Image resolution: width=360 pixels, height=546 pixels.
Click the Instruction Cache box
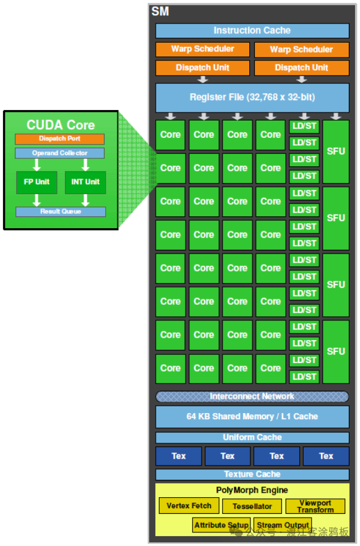point(252,30)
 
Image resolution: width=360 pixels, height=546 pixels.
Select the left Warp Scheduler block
point(202,49)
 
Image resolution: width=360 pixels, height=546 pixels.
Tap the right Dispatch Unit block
point(301,67)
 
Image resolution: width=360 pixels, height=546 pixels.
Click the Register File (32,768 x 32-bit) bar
point(252,98)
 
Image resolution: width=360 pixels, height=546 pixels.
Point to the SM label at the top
point(160,11)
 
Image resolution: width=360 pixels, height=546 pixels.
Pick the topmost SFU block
point(336,151)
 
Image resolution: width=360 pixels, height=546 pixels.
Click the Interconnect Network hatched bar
point(252,396)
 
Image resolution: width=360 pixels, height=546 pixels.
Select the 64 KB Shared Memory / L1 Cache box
point(252,417)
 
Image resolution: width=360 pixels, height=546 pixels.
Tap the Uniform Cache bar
point(252,438)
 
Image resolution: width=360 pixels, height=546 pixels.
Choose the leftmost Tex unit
point(178,456)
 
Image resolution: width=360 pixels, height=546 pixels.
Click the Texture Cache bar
point(252,474)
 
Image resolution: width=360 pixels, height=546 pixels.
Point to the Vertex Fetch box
point(189,506)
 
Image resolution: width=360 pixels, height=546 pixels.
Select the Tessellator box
point(252,506)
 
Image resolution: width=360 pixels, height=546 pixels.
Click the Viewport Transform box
point(315,506)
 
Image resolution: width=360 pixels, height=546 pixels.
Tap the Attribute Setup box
point(221,525)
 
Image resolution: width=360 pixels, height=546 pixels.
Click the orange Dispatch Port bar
point(60,139)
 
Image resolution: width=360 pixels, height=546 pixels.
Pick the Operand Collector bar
point(60,153)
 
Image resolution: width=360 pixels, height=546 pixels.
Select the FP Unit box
point(36,182)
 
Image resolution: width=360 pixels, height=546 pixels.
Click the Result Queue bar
point(60,211)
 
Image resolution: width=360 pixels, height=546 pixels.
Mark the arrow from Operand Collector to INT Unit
point(85,164)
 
